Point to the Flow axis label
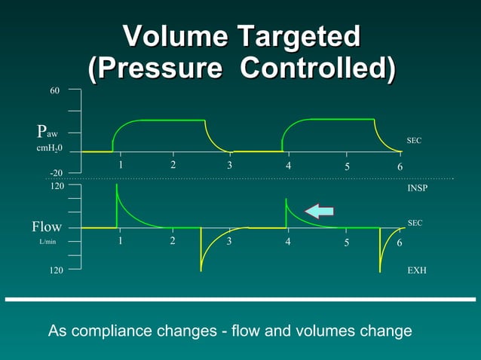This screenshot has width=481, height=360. click(x=47, y=227)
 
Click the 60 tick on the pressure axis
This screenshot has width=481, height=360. click(x=55, y=90)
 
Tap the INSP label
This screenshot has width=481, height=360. click(x=417, y=188)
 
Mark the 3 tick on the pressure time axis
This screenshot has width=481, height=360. click(x=230, y=166)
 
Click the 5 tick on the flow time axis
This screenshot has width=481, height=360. click(x=347, y=243)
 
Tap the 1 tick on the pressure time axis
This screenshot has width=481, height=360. click(x=121, y=165)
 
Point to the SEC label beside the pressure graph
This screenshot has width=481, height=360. click(x=414, y=141)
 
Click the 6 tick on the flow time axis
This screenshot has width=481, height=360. click(x=400, y=243)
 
